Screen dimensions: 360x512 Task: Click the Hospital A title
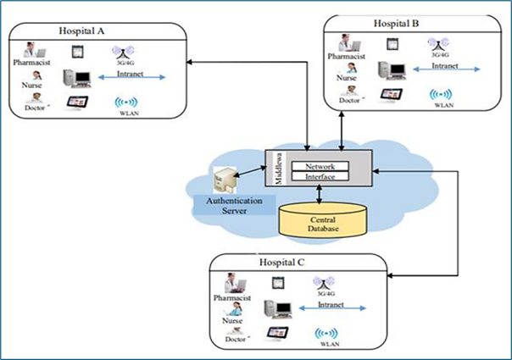click(81, 30)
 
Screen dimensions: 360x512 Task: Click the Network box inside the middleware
click(320, 166)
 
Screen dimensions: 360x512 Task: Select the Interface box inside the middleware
click(320, 176)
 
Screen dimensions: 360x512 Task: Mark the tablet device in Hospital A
click(76, 102)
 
